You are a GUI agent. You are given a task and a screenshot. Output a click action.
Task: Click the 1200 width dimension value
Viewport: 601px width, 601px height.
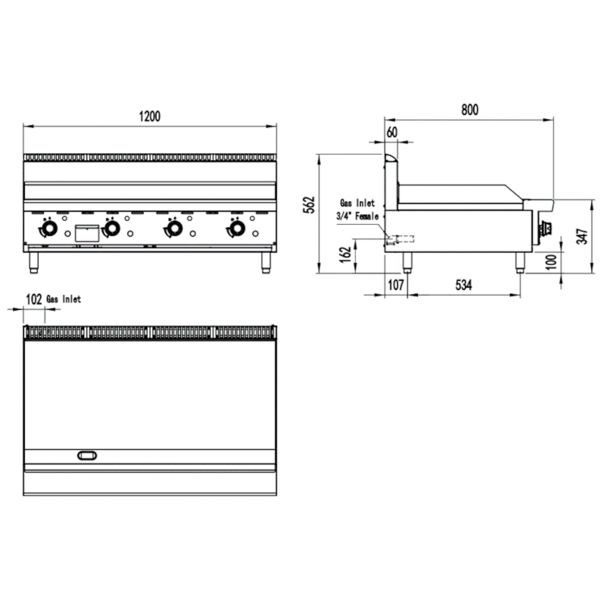coord(150,116)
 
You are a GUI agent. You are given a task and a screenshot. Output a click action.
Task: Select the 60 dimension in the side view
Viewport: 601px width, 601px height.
coord(392,133)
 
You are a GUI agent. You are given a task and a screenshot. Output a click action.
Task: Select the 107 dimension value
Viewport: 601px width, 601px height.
coord(395,285)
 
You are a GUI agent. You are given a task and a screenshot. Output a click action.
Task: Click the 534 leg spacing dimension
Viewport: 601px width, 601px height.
coord(463,285)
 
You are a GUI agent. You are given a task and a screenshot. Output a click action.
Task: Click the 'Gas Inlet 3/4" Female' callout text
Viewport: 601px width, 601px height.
coord(359,210)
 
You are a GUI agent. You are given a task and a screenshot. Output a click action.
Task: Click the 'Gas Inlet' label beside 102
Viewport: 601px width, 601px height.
coord(64,299)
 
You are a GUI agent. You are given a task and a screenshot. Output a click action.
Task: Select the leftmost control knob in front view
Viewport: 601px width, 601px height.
coord(49,229)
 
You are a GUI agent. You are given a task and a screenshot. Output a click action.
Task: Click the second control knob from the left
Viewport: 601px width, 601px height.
coord(112,229)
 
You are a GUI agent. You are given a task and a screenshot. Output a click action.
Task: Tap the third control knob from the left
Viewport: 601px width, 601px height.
coord(175,229)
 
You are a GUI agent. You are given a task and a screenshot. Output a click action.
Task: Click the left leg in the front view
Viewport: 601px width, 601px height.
coord(34,263)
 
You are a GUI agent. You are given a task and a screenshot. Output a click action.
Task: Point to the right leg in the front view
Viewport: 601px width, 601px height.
coord(265,263)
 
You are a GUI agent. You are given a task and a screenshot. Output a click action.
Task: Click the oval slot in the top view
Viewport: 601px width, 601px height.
coord(87,456)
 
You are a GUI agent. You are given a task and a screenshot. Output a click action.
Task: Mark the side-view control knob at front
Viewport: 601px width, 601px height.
coord(548,228)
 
